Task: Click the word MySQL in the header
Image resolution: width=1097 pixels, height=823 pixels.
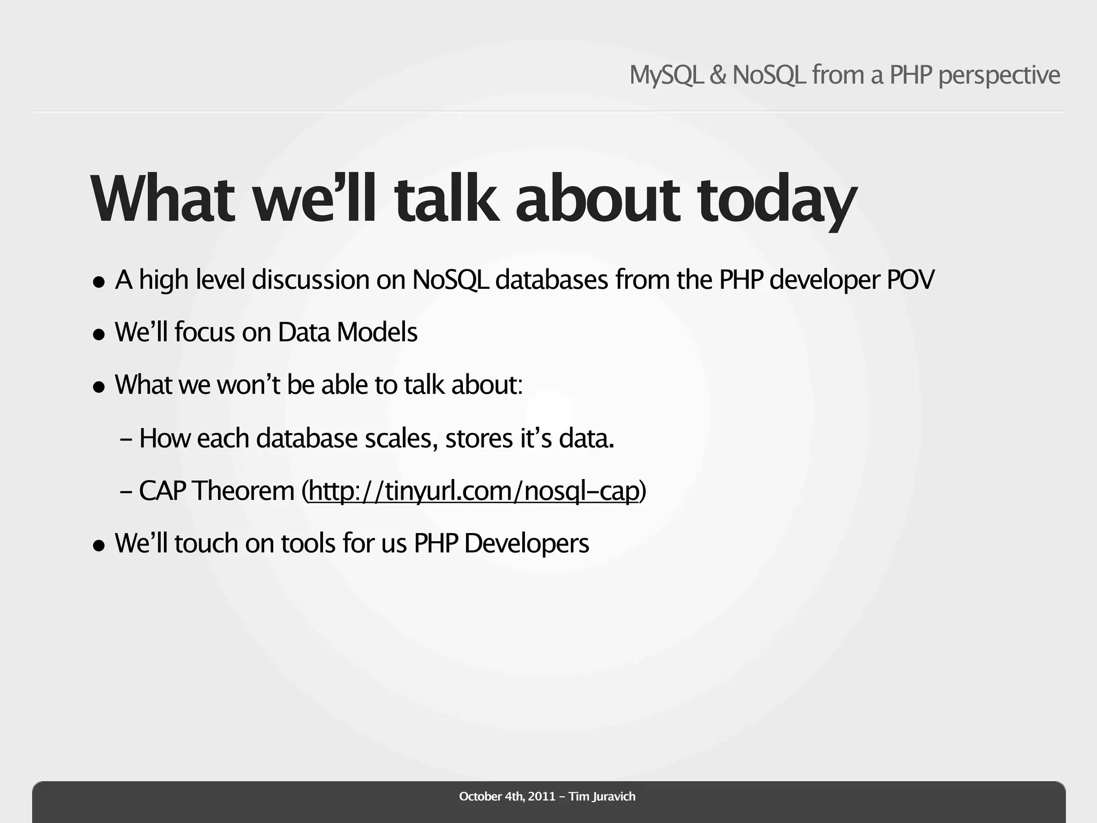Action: coord(666,75)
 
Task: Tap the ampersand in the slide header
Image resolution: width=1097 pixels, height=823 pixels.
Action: coord(718,75)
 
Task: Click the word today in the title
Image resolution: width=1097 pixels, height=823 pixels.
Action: coord(777,199)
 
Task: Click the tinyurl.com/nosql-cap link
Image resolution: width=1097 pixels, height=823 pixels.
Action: coord(474,491)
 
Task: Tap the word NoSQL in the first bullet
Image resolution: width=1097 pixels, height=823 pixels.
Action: coord(450,280)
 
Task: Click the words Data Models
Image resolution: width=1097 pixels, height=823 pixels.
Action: coord(347,332)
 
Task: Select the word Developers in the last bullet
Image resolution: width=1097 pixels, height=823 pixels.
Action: coord(527,543)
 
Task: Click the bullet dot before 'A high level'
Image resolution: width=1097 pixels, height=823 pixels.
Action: coord(99,282)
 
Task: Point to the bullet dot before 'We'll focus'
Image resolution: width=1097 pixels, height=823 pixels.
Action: coord(99,335)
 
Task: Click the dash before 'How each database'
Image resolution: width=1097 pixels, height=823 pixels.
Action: coord(126,439)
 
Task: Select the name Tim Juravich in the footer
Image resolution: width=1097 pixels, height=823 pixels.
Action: coord(602,796)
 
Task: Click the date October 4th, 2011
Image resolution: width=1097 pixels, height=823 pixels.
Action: coord(507,796)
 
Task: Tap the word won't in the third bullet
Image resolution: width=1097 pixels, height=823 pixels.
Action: coord(249,385)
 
